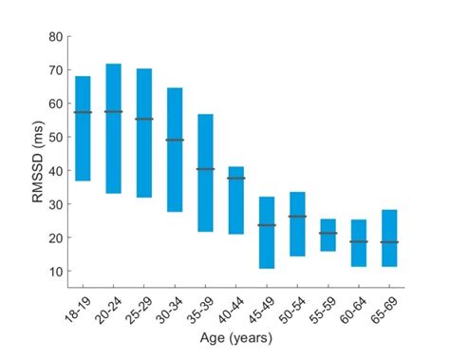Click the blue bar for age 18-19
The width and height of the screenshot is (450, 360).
click(x=83, y=128)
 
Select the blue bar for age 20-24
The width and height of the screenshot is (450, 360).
click(x=113, y=128)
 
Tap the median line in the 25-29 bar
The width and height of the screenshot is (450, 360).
click(x=144, y=119)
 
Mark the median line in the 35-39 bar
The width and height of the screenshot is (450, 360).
click(x=205, y=169)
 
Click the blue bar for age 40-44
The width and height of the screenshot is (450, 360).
click(x=235, y=199)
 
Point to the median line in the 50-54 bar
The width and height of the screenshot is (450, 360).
click(x=297, y=217)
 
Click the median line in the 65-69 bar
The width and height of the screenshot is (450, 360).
click(x=389, y=242)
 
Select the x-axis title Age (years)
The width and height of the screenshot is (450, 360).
click(x=235, y=337)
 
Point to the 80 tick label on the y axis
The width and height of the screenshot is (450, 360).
click(x=55, y=37)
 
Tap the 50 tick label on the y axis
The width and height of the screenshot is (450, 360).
click(x=55, y=138)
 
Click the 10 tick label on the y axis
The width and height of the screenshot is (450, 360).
click(x=55, y=272)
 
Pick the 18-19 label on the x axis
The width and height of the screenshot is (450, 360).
click(x=76, y=306)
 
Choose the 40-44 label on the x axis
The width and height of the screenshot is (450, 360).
click(x=229, y=306)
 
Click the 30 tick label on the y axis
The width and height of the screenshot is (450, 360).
click(x=55, y=204)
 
